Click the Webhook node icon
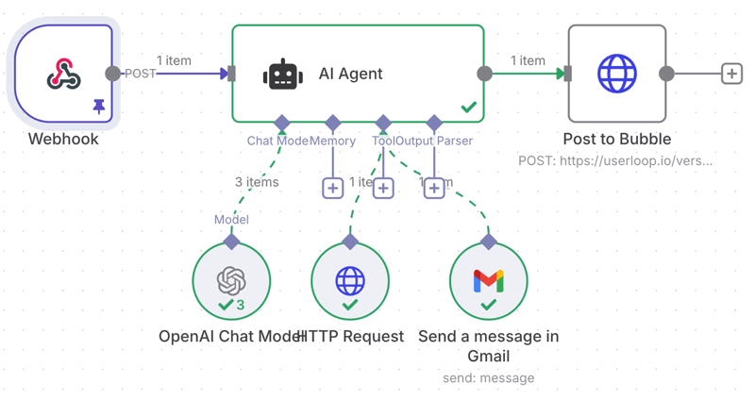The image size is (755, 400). click(63, 74)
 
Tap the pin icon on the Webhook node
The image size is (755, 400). click(99, 108)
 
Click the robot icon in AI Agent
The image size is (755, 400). click(283, 75)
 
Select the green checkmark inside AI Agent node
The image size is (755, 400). click(468, 108)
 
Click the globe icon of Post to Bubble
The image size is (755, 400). click(617, 74)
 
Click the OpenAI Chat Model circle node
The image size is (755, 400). click(231, 281)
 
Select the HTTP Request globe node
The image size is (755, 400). click(350, 281)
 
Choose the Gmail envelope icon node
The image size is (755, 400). click(488, 281)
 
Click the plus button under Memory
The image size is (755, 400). click(332, 188)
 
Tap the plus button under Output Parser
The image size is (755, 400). click(434, 188)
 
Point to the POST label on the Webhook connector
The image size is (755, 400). click(141, 74)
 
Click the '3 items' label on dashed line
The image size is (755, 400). click(257, 182)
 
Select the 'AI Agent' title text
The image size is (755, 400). click(350, 74)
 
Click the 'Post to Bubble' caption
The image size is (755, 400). click(617, 139)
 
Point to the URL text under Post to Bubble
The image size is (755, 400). click(615, 160)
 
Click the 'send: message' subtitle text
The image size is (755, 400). click(488, 378)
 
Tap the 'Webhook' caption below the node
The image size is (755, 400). click(63, 139)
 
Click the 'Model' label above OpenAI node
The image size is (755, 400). click(231, 220)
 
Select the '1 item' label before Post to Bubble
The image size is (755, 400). click(528, 60)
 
